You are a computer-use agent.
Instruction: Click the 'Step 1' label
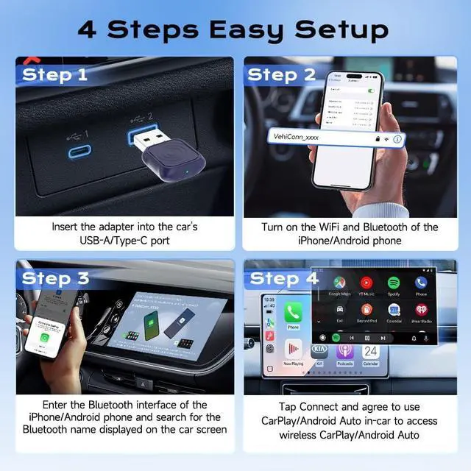tap(55, 74)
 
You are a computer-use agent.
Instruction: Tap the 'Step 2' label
tap(282, 74)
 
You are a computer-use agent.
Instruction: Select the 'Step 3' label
tap(55, 278)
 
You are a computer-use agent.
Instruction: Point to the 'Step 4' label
tap(283, 278)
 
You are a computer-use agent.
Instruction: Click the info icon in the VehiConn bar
tap(397, 138)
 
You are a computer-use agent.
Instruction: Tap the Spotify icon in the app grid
tap(393, 283)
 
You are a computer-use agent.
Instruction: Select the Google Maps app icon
tap(339, 283)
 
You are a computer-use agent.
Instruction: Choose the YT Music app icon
tap(366, 283)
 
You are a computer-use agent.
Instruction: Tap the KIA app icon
tap(319, 351)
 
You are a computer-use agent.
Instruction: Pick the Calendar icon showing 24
tap(370, 351)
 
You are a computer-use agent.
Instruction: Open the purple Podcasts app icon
tap(345, 351)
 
